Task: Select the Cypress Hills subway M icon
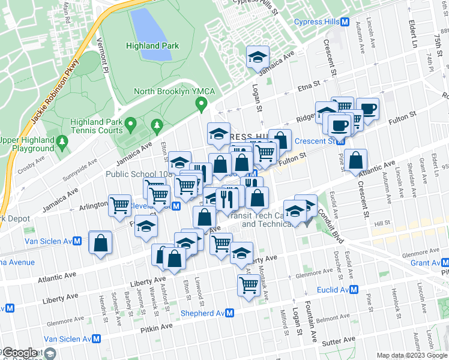tap(346, 22)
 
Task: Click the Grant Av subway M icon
tap(444, 263)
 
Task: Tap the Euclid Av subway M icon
tap(354, 290)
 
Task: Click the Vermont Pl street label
tap(105, 58)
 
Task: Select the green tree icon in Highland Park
tap(157, 125)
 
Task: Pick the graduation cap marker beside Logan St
tap(258, 58)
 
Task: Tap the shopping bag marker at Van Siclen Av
tap(100, 242)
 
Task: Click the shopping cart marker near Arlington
tap(120, 205)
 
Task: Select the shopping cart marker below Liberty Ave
tap(249, 286)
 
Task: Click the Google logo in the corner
tap(19, 353)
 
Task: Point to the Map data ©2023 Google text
tap(411, 355)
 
